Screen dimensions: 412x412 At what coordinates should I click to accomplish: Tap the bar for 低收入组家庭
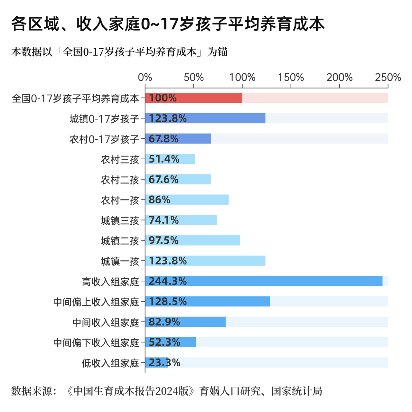click(157, 362)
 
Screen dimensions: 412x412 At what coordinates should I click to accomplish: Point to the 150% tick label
click(291, 78)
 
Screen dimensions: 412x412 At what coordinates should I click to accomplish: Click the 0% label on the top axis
click(145, 78)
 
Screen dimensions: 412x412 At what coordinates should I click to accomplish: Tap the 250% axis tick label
click(388, 78)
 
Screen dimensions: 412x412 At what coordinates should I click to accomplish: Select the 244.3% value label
click(168, 281)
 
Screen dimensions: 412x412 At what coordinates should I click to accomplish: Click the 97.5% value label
click(164, 240)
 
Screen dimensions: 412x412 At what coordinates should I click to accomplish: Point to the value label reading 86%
click(159, 200)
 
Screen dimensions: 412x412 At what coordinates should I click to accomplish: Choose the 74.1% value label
click(164, 220)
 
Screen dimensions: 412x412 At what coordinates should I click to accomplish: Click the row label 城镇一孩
click(120, 261)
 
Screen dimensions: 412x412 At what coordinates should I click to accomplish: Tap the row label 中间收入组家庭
click(106, 322)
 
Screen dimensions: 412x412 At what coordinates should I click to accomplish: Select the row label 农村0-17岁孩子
click(104, 139)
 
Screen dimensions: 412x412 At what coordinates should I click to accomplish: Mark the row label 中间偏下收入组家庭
click(96, 342)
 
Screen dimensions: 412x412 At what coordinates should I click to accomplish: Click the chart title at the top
click(168, 24)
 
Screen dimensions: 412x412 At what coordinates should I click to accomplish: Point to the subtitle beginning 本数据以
click(119, 52)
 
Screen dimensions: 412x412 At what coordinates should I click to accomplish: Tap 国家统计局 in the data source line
click(296, 391)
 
